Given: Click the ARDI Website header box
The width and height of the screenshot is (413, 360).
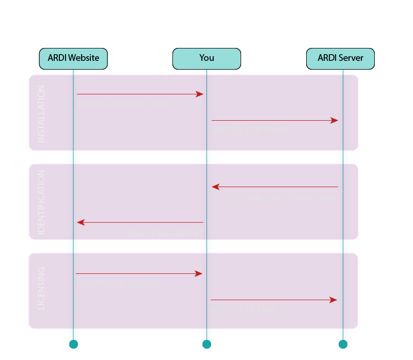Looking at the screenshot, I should point(73,58).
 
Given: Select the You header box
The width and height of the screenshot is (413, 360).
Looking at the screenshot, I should point(206,58).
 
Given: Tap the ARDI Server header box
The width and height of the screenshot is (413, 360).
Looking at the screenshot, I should point(340,58).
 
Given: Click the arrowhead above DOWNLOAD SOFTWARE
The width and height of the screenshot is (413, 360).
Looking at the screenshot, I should point(200,94).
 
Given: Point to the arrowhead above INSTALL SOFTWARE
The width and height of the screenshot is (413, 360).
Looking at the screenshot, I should point(335,121).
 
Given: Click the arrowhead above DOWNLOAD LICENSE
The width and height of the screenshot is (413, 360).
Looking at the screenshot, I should point(199,274).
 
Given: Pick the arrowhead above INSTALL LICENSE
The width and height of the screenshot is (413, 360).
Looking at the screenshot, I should point(333,300).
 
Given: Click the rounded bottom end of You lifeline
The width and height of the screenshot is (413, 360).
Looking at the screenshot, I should point(206,343).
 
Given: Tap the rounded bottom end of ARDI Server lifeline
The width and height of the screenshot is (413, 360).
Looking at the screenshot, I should point(343,343).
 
